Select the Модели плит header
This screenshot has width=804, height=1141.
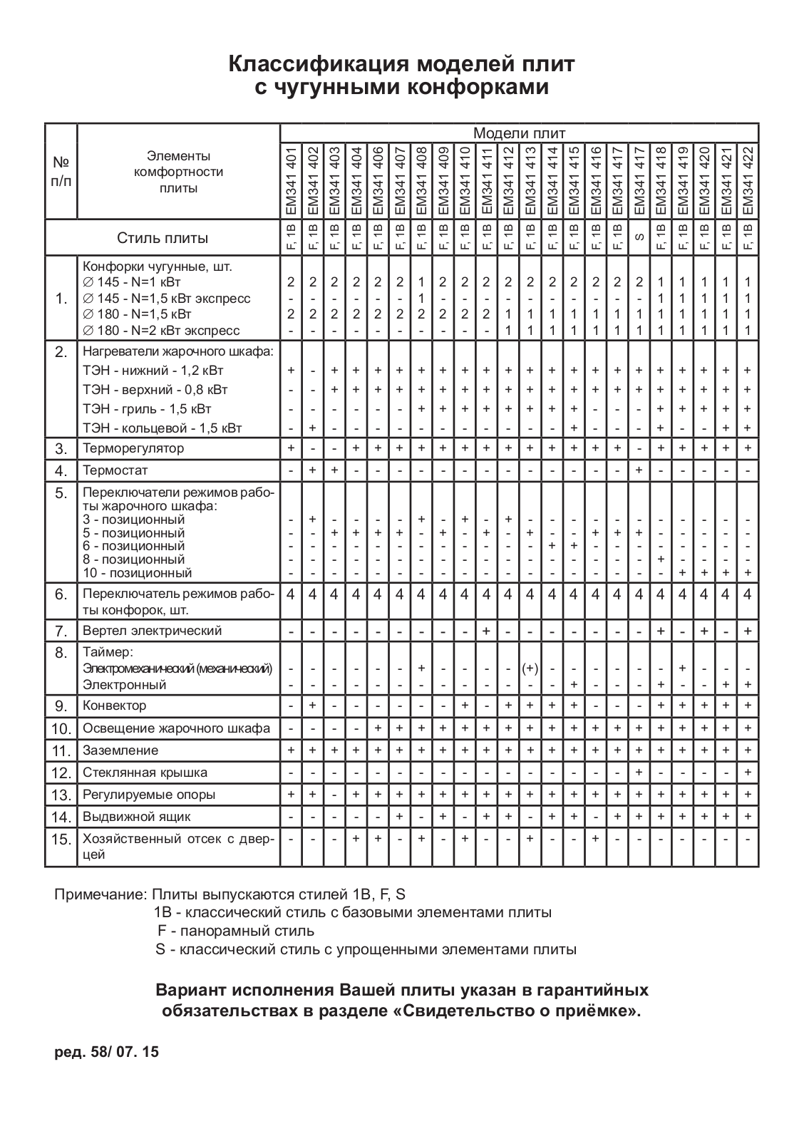519,133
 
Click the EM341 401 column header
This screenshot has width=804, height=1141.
291,181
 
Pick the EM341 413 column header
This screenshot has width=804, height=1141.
530,181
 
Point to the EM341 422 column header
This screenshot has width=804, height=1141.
748,181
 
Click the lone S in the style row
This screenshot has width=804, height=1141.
639,237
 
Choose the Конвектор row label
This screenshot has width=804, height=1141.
115,706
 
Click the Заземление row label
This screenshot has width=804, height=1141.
120,750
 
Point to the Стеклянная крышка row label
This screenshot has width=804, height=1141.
145,773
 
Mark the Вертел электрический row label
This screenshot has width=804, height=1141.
153,631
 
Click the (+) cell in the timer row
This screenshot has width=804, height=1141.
530,668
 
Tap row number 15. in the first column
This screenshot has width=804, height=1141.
61,840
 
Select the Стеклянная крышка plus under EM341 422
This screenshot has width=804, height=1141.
748,773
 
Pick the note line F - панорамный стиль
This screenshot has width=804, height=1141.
235,931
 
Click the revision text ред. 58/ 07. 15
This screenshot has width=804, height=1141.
107,1052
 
